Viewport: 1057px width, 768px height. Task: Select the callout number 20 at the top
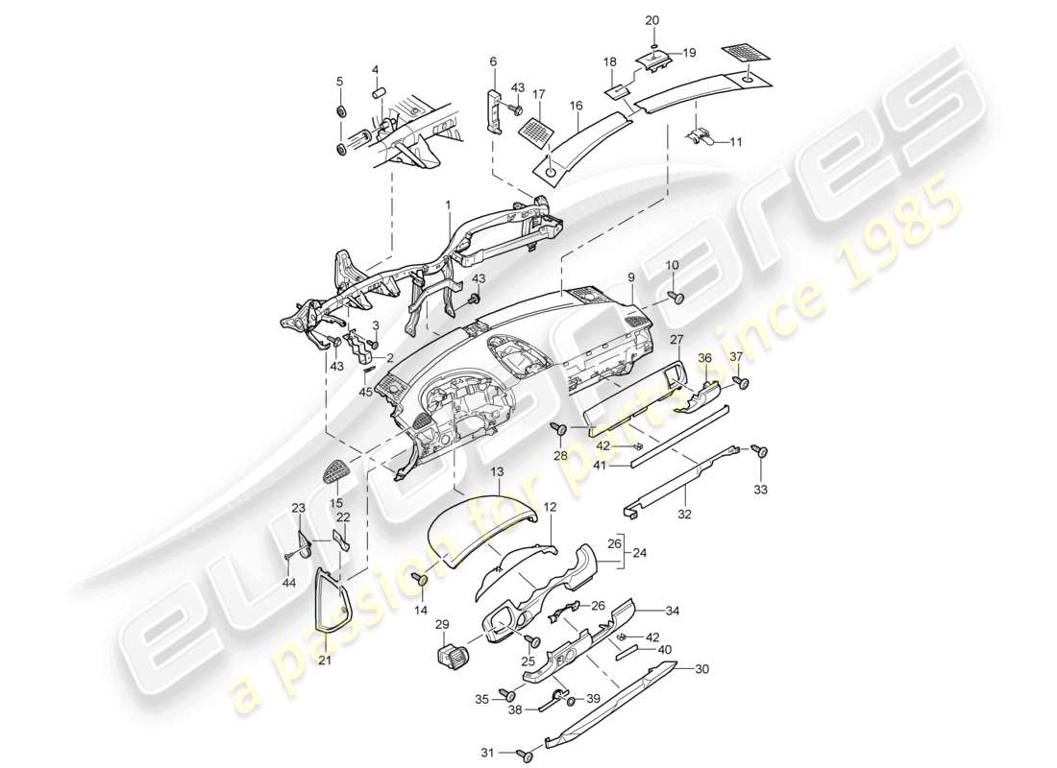pos(652,20)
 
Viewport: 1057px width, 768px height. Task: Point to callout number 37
pos(738,357)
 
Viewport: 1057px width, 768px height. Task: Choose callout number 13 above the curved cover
pos(497,473)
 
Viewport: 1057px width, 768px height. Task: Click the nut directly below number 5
pos(340,113)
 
